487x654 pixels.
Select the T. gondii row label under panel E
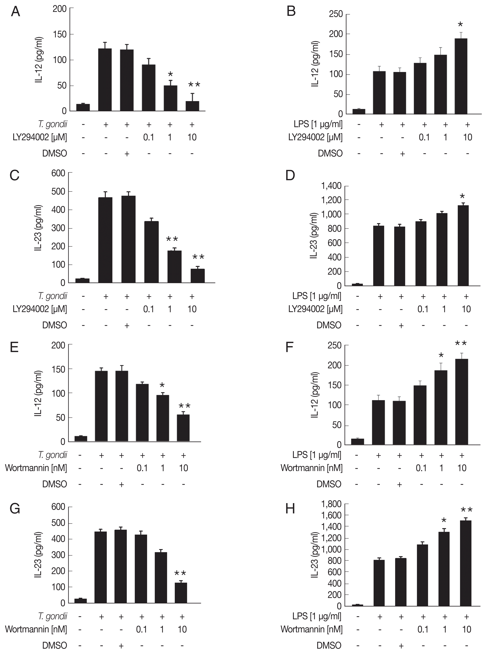[52, 455]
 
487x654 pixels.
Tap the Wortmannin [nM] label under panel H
[312, 629]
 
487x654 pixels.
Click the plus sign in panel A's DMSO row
[127, 153]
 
